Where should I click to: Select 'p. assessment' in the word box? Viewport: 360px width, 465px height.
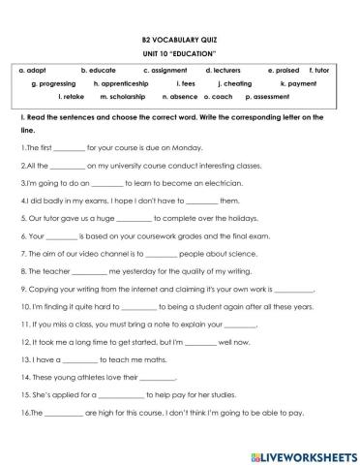click(270, 97)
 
